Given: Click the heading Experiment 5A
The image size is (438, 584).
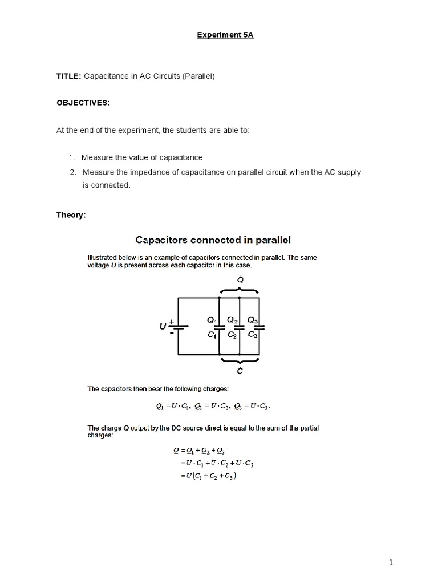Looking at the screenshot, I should click(x=219, y=35).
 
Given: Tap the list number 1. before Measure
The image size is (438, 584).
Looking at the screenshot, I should click(x=72, y=157).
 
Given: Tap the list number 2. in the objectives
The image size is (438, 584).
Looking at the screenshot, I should click(x=72, y=172).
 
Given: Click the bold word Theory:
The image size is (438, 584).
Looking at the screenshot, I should click(x=71, y=215).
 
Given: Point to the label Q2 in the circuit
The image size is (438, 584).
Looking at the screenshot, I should click(x=233, y=320).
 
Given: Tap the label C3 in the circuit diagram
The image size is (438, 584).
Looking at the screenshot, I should click(x=253, y=335).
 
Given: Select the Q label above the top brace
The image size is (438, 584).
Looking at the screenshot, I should click(x=240, y=279).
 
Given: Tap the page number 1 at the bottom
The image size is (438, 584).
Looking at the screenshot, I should click(x=391, y=563).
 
